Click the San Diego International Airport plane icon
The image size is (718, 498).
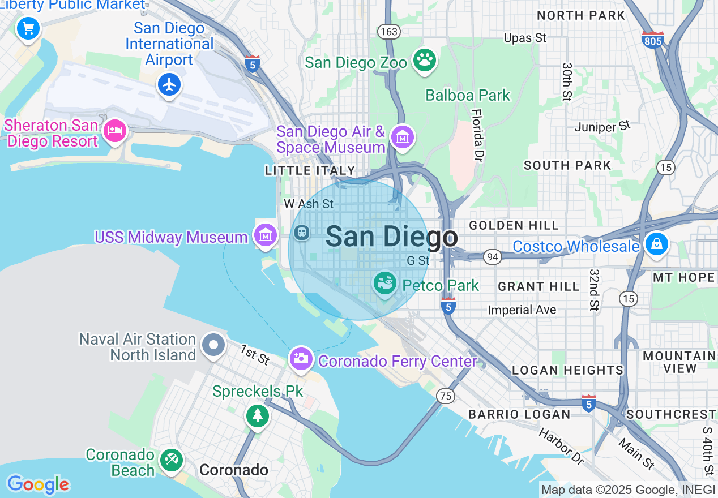169,84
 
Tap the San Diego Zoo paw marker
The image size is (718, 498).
424,59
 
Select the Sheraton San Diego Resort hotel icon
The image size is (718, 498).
115,131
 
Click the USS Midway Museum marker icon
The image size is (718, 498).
265,235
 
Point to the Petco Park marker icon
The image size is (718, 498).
386,282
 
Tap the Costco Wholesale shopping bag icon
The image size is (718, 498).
656,244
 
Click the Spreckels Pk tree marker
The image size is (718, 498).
258,415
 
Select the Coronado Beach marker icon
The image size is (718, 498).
170,460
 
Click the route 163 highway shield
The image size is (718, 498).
389,32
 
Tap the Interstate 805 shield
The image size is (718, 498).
653,40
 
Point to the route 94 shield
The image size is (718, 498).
492,257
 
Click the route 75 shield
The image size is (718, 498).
446,396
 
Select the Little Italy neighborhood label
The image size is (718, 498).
310,170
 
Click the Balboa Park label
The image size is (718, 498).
468,95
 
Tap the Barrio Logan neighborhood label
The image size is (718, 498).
519,414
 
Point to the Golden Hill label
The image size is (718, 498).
514,225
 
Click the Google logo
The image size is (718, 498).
38,484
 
